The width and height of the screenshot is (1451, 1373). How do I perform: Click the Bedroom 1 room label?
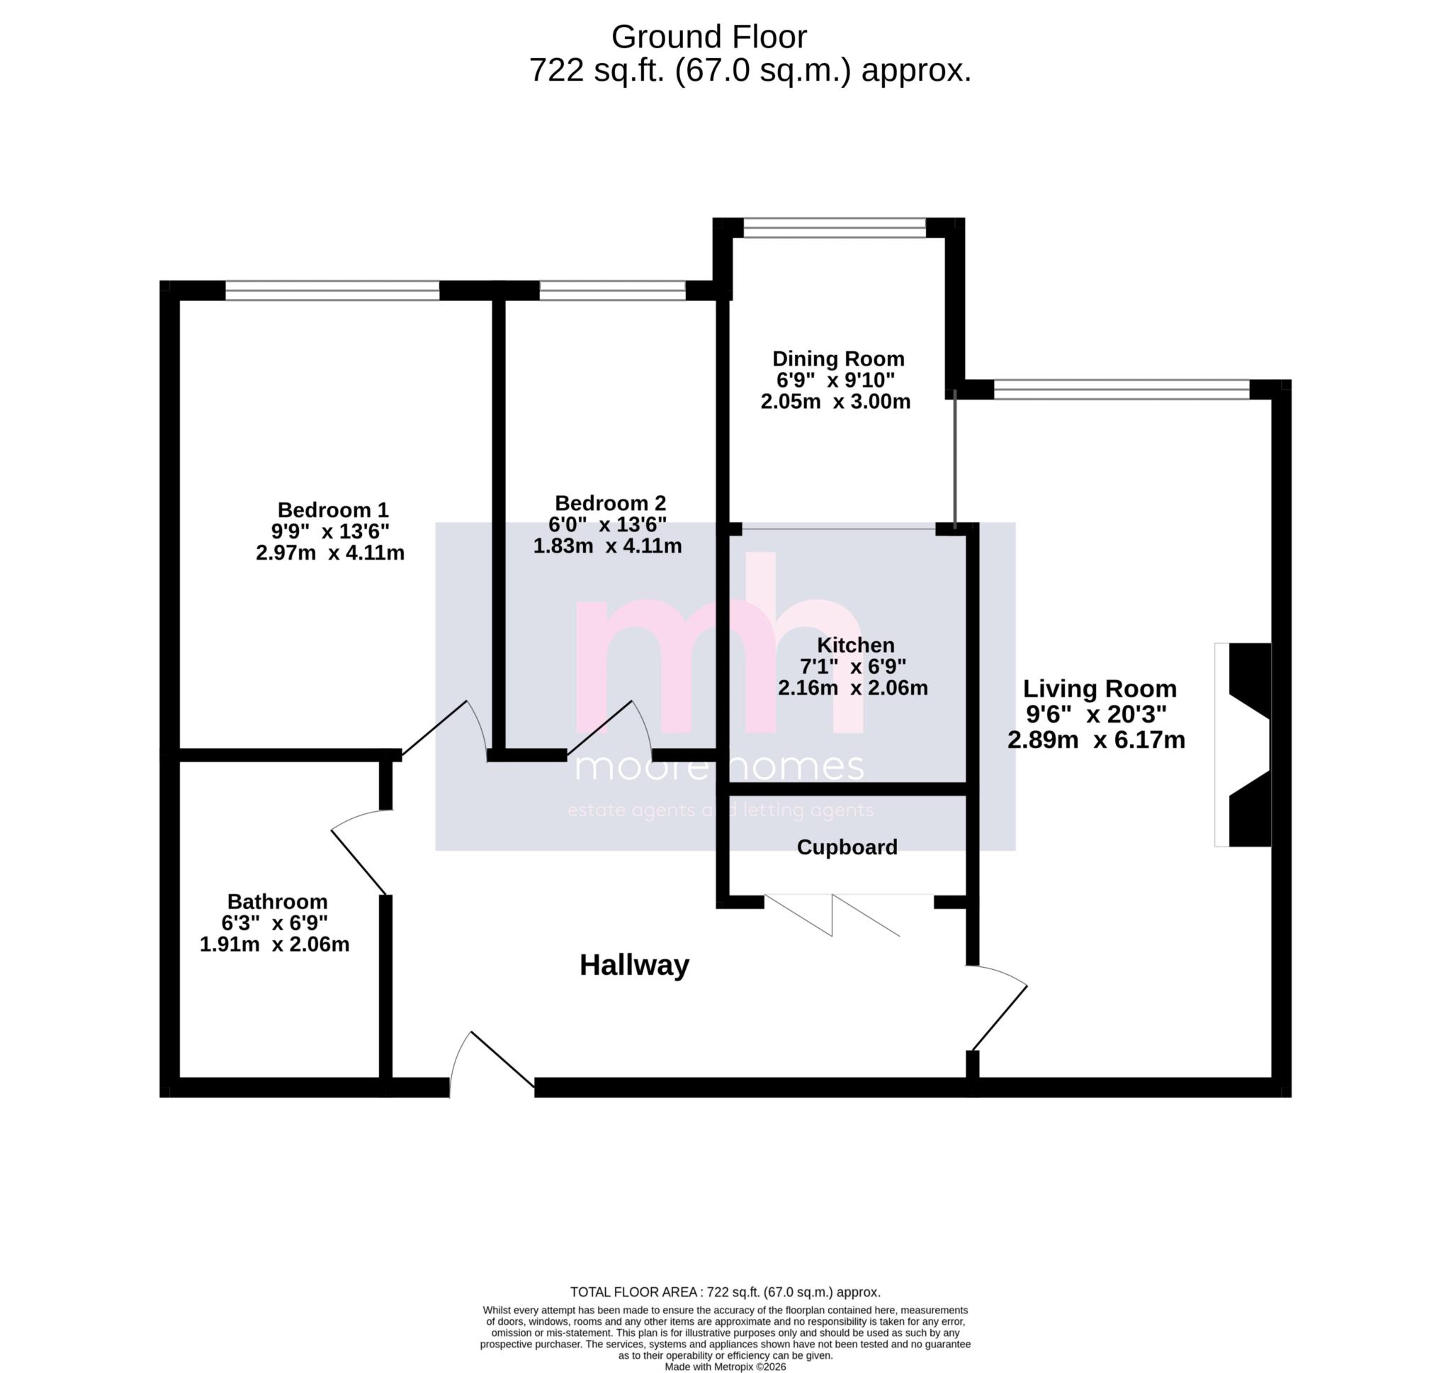[333, 509]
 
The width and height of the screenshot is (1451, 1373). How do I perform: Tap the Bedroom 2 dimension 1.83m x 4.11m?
[607, 546]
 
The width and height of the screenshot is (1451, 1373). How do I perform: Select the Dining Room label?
[839, 358]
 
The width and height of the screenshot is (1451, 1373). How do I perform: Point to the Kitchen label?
[855, 645]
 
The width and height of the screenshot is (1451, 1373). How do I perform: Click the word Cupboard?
[847, 847]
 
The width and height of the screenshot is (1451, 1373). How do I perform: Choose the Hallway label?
[633, 966]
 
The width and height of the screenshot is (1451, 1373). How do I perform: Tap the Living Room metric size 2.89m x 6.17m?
[1095, 740]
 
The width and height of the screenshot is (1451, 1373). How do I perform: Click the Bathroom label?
[277, 901]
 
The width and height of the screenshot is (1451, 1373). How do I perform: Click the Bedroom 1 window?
[332, 290]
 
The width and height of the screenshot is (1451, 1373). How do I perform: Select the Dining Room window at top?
[834, 227]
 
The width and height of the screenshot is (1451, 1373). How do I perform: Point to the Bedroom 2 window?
[612, 290]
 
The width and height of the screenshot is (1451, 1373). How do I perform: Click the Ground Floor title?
[708, 37]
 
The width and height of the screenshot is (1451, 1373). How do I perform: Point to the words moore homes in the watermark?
[719, 767]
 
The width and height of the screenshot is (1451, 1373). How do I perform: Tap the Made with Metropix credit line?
[725, 1367]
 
